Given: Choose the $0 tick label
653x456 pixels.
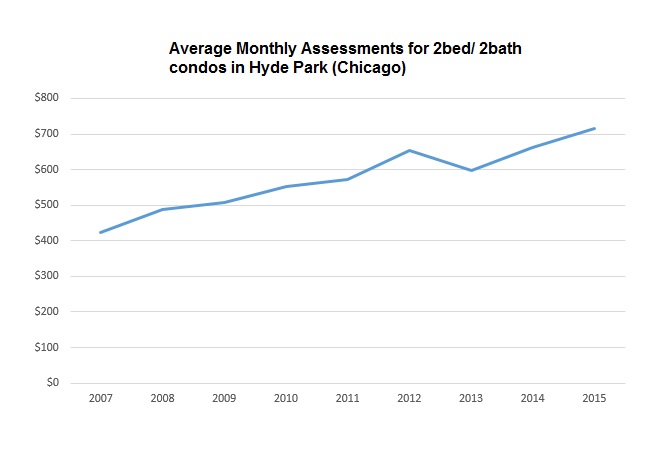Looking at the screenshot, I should tap(53, 383).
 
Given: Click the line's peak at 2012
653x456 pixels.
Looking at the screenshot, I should tap(408, 150).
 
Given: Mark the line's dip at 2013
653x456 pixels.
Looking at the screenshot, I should tap(470, 170).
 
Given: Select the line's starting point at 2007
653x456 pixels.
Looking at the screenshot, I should tap(100, 232).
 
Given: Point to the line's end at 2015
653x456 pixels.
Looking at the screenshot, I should tap(594, 128).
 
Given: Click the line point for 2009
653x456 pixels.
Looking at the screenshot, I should tap(223, 202).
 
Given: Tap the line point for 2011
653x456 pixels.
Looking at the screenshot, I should tap(346, 179).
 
